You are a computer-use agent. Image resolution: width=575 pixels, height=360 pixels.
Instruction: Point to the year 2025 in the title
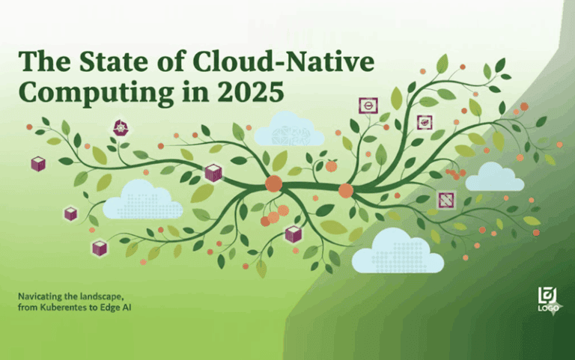250,93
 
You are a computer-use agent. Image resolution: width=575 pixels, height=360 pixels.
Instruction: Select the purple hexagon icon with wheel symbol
120,127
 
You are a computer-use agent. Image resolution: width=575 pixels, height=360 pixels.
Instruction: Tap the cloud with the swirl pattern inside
289,131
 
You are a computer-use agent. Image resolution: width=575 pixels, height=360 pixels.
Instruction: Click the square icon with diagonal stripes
446,199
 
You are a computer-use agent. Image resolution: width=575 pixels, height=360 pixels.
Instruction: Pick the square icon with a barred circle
368,106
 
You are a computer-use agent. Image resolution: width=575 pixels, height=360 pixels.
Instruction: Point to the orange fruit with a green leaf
331,165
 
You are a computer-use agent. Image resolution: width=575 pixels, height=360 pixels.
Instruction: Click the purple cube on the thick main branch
213,173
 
